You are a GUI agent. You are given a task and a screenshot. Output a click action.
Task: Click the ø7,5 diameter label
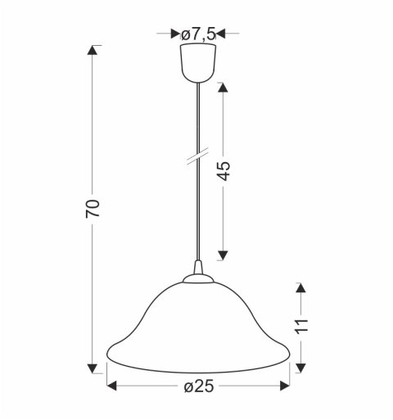[198, 34]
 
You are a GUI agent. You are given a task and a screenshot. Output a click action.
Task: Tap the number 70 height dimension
[93, 209]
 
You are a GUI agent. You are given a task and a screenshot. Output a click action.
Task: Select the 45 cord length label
[224, 171]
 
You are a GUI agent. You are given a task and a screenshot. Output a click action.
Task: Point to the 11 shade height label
[301, 326]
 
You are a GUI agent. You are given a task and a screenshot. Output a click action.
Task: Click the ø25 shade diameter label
[199, 386]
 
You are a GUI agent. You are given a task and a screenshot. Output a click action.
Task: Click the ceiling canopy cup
[198, 63]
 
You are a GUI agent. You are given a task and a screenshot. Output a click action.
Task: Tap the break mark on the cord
[197, 156]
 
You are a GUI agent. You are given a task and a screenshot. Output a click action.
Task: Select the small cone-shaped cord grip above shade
[198, 268]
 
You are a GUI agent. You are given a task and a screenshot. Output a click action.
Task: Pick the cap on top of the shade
[198, 279]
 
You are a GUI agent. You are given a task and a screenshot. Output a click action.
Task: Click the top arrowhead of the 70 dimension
[93, 50]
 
